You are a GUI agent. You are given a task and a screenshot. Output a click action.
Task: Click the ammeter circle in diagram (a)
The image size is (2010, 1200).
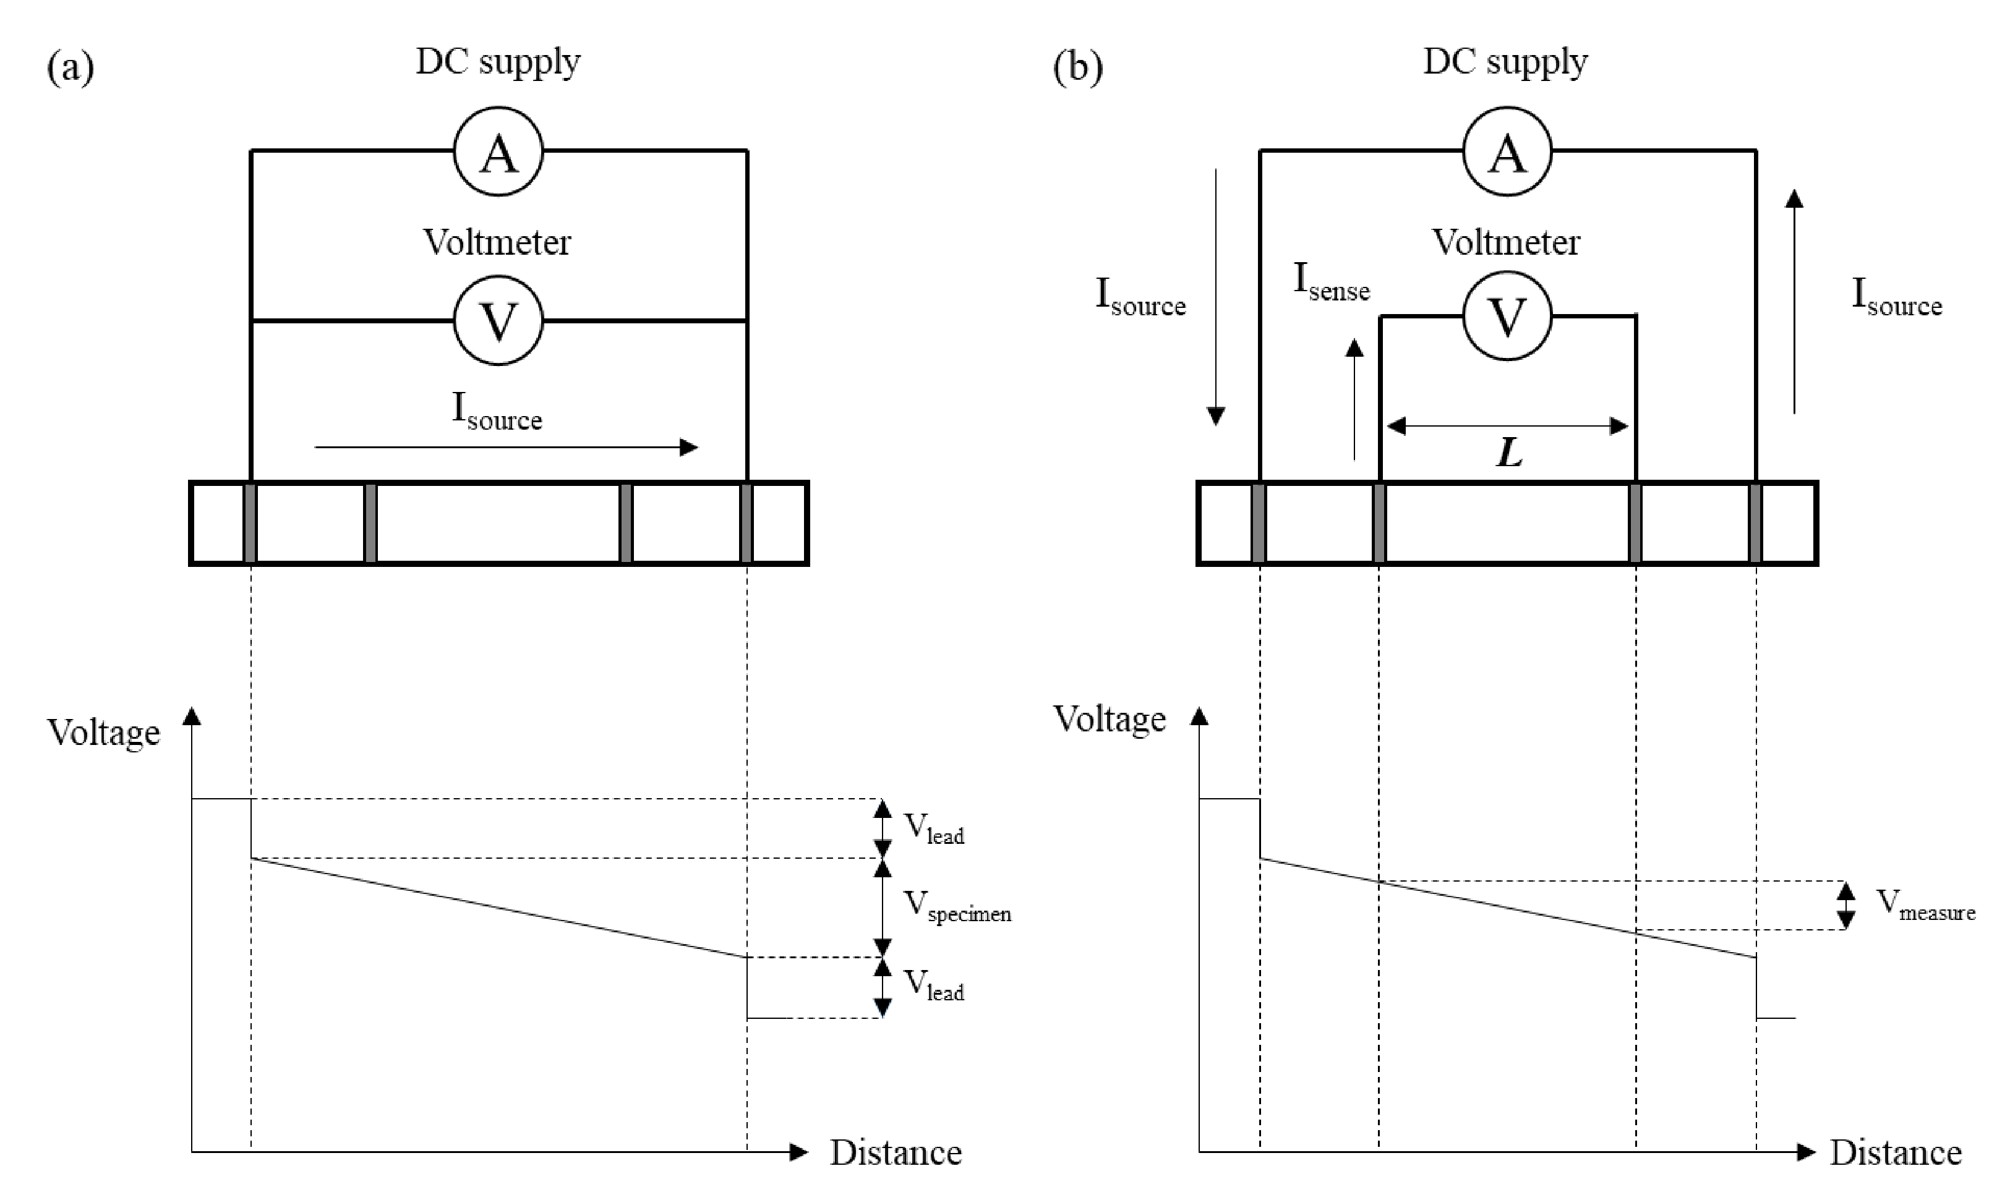click(x=498, y=151)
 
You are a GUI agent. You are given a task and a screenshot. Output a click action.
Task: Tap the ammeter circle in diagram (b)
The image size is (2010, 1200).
click(x=1507, y=151)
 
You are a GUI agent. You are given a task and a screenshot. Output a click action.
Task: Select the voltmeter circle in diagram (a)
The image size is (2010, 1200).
click(x=498, y=320)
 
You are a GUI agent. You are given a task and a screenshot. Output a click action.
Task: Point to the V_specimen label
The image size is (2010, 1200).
click(x=957, y=906)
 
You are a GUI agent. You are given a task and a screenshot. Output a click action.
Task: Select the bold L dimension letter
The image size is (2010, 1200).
click(x=1509, y=453)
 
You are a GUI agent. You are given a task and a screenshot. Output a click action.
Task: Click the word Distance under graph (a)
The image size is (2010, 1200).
click(x=896, y=1152)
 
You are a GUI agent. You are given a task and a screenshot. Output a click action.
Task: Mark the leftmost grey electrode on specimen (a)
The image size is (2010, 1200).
click(x=250, y=522)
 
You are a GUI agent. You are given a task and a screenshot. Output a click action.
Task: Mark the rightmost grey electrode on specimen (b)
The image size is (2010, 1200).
click(x=1755, y=522)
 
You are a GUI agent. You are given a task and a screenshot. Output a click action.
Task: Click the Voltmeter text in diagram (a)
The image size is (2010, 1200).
click(x=497, y=242)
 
